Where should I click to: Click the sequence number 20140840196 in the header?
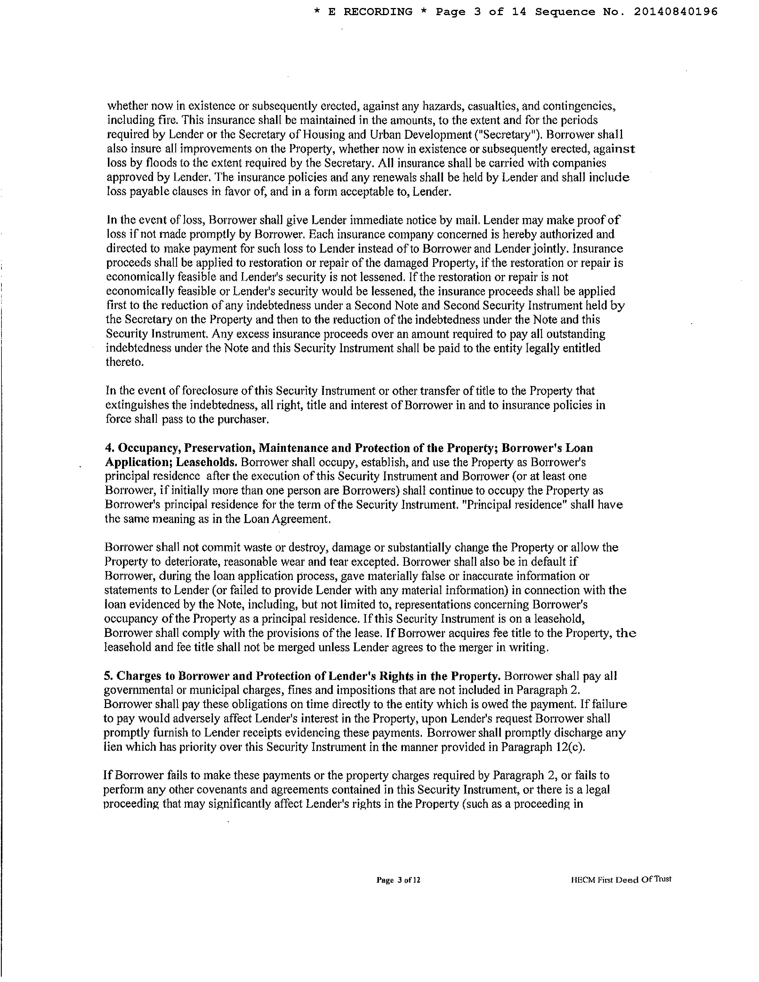[x=676, y=12]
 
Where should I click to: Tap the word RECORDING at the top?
[x=378, y=12]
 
